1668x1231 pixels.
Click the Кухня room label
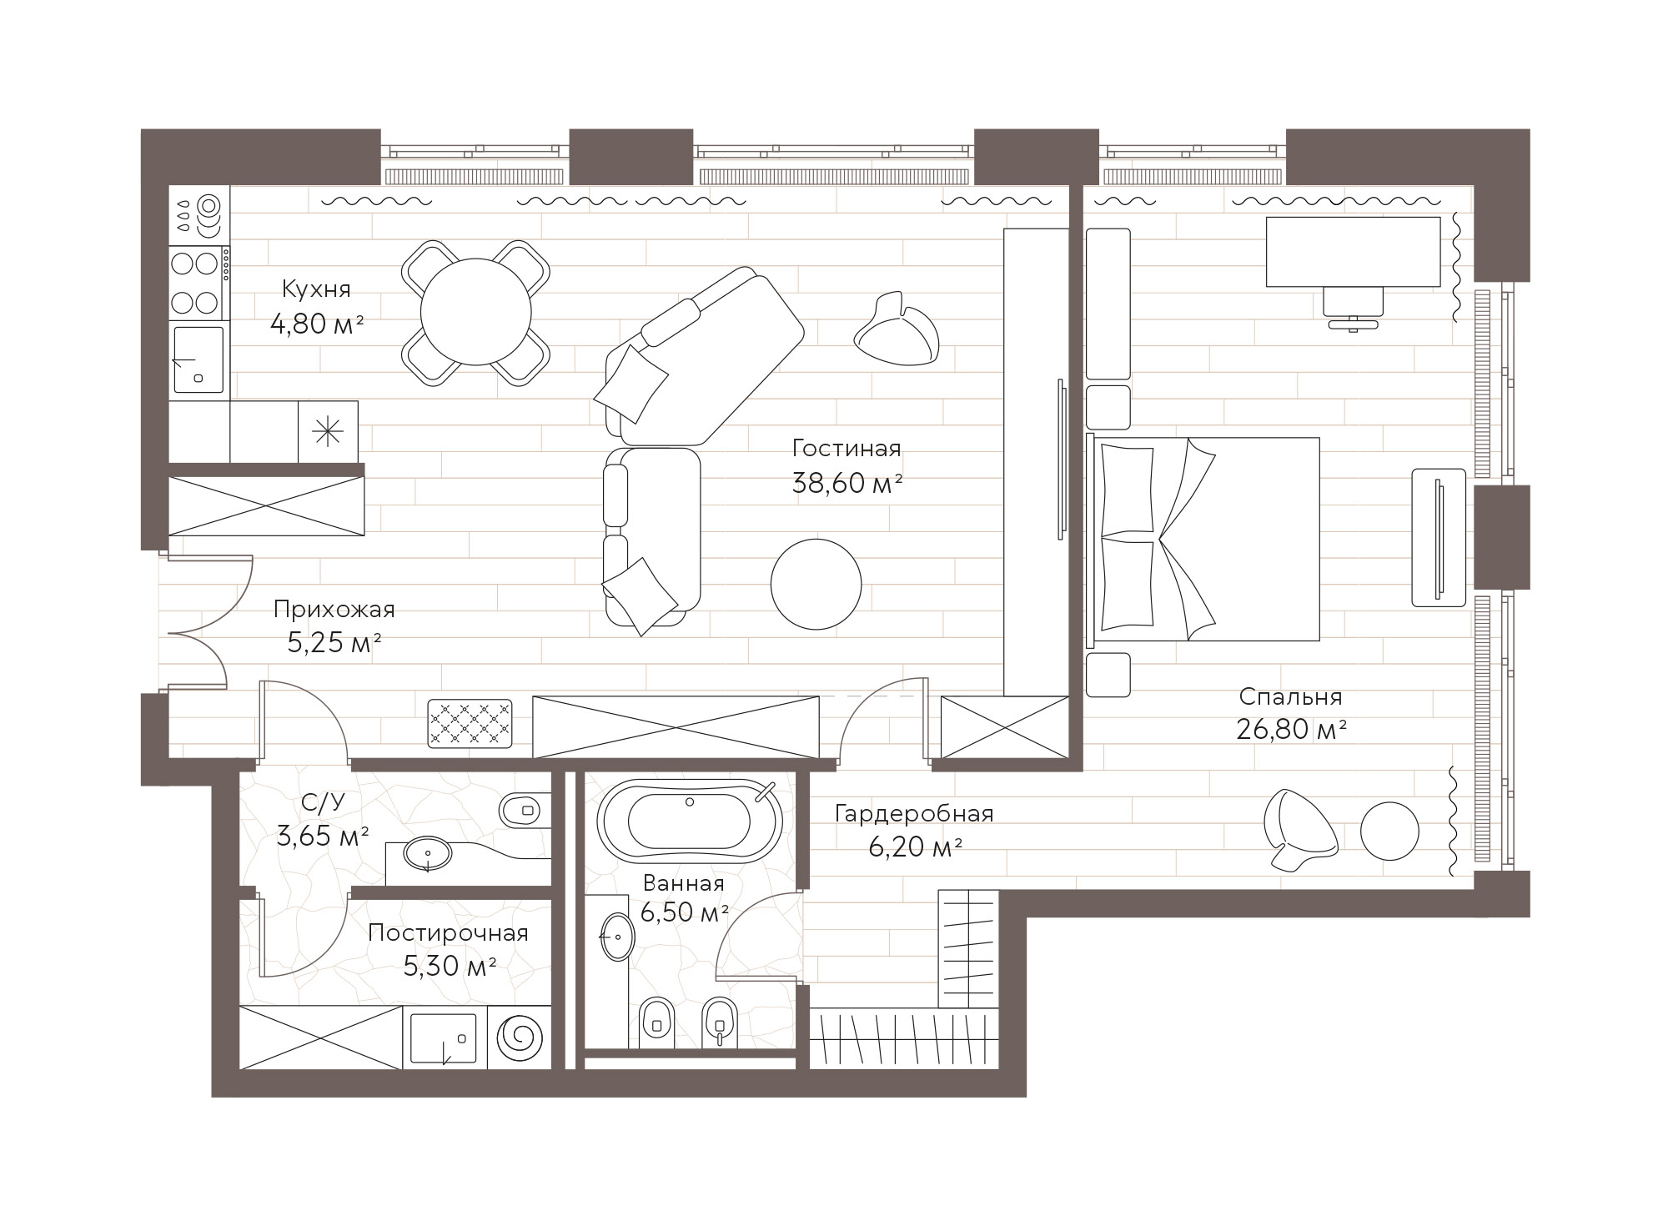pyautogui.click(x=316, y=289)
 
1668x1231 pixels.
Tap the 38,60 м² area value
pyautogui.click(x=847, y=483)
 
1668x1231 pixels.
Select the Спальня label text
pyautogui.click(x=1290, y=696)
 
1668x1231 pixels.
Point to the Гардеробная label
pyautogui.click(x=914, y=813)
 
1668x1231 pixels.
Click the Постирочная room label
pyautogui.click(x=448, y=932)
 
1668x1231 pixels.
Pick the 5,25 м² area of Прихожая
pyautogui.click(x=334, y=644)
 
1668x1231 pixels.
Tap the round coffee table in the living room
pyautogui.click(x=816, y=584)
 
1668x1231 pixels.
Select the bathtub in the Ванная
pyautogui.click(x=690, y=821)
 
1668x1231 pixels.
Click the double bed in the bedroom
pyautogui.click(x=1203, y=539)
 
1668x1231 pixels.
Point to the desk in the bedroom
pyautogui.click(x=1353, y=252)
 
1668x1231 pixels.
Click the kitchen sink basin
pyautogui.click(x=198, y=359)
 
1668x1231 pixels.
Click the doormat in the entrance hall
pyautogui.click(x=470, y=723)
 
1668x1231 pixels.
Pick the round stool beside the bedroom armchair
pyautogui.click(x=1389, y=831)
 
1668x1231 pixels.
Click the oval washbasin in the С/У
pyautogui.click(x=428, y=853)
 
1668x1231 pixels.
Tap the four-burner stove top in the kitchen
pyautogui.click(x=196, y=282)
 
